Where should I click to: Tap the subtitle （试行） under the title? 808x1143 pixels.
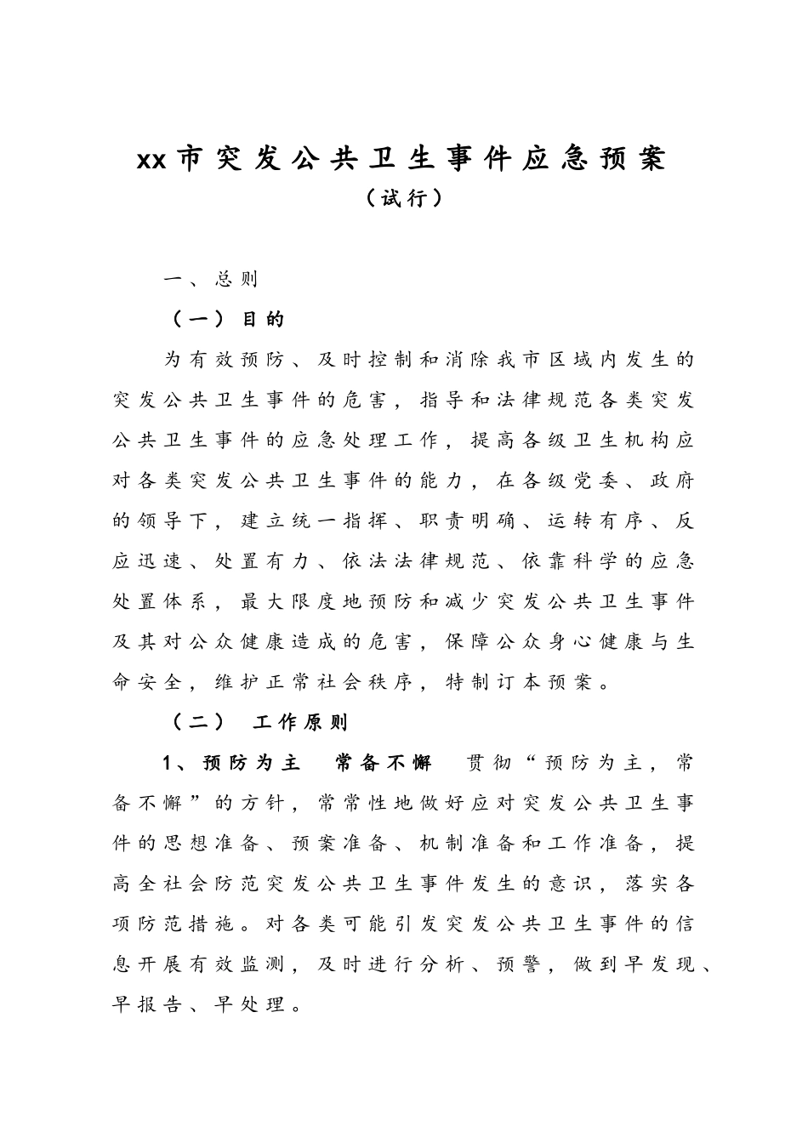tap(403, 198)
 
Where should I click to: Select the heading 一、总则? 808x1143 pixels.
tap(211, 279)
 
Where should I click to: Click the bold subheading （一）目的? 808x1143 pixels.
tap(228, 319)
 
